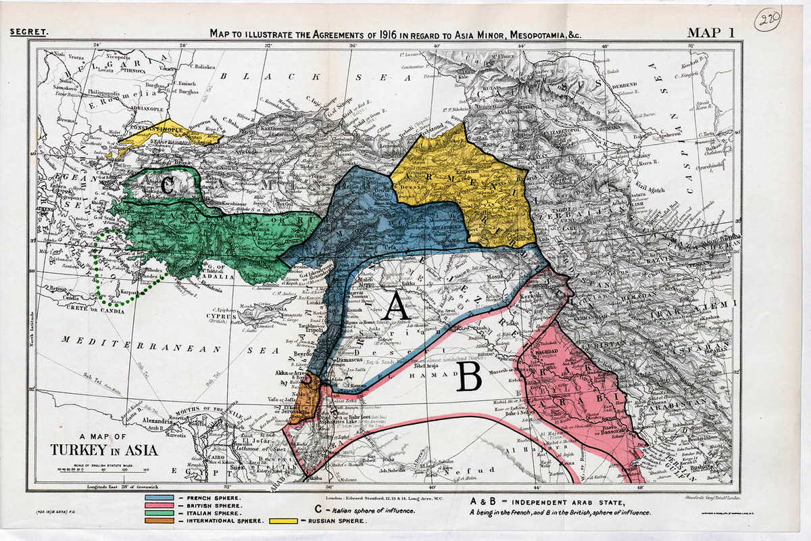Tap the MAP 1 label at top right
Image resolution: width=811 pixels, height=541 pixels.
click(712, 32)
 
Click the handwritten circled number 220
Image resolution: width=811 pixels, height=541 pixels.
click(768, 19)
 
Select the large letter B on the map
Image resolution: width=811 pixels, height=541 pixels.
click(468, 378)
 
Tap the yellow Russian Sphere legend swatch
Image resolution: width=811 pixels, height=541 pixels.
click(285, 521)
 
